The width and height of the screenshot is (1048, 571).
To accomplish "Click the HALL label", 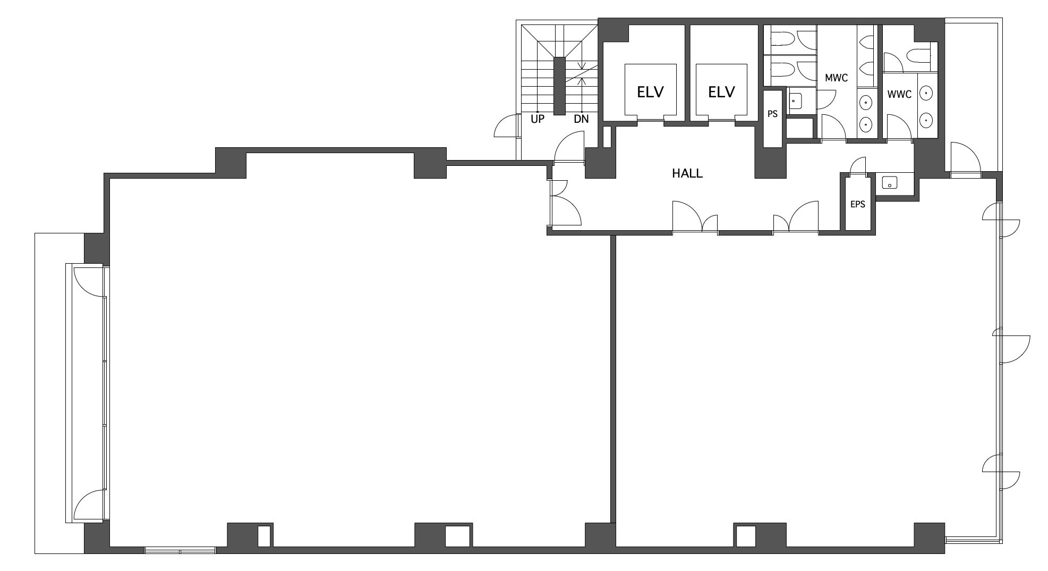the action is coord(687,173).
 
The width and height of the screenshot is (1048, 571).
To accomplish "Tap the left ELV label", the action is coord(650,92).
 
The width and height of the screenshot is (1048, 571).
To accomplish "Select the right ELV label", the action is coord(721,92).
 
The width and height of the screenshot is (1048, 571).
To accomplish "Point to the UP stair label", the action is coord(538,119).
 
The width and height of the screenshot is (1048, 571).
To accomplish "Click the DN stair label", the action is coord(581,119).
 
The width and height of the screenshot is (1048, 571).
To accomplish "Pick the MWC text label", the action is coord(836,78).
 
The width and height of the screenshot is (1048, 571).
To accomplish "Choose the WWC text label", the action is coord(899,95).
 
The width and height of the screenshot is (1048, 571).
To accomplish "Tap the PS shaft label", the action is coord(772,114).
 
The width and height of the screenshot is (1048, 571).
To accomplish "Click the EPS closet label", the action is coord(858,204).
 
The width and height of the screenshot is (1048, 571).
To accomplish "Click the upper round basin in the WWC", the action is coord(926,94).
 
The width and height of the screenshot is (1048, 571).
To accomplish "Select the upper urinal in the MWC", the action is coord(867,42).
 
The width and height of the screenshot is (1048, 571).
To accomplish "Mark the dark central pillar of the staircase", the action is coord(560,86).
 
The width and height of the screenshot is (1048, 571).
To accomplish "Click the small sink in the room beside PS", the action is coord(795,99).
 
